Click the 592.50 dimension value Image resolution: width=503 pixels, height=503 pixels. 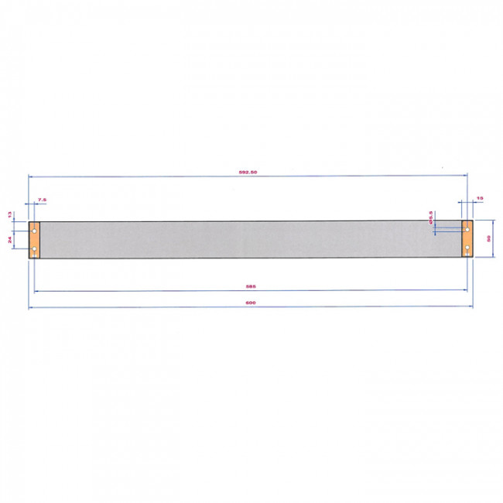[x=248, y=172]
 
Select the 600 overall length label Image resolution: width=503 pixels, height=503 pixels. [x=250, y=303]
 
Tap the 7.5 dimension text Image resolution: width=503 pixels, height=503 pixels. [x=42, y=200]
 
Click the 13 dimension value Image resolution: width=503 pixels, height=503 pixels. [x=10, y=214]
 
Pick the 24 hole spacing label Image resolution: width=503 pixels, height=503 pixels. [x=10, y=240]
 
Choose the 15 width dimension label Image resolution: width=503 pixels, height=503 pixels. [x=480, y=199]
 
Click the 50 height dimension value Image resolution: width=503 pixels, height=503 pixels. [x=489, y=239]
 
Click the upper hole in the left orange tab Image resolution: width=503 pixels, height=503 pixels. [x=34, y=231]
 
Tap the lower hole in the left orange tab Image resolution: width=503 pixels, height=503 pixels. [x=34, y=249]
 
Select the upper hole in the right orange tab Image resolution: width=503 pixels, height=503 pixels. [x=467, y=230]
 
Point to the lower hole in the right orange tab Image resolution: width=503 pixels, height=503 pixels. [x=467, y=248]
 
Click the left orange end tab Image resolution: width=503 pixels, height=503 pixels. [x=34, y=240]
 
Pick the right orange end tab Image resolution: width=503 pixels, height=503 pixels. [x=467, y=239]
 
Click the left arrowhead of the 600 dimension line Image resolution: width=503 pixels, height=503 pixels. [x=30, y=307]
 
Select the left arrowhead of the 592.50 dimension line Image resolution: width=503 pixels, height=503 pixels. [x=30, y=176]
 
